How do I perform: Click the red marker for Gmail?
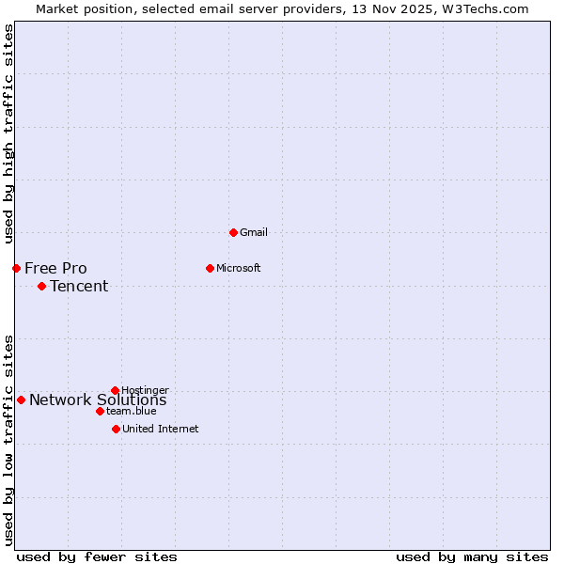233,232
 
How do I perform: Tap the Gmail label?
254,232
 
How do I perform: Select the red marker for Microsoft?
210,268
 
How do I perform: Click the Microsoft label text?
238,268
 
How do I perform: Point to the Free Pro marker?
16,268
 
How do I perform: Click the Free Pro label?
55,268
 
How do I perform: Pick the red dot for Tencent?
41,286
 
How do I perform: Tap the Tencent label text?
79,286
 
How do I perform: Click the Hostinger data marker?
115,390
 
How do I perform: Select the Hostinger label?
145,390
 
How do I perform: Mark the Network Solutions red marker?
21,399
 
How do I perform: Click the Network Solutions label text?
98,400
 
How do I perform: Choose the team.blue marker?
100,411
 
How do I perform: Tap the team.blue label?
131,411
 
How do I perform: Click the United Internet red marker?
116,429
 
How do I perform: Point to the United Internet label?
160,429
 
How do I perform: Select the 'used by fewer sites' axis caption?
97,556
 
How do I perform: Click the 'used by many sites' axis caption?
472,556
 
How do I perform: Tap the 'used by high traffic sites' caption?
8,133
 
